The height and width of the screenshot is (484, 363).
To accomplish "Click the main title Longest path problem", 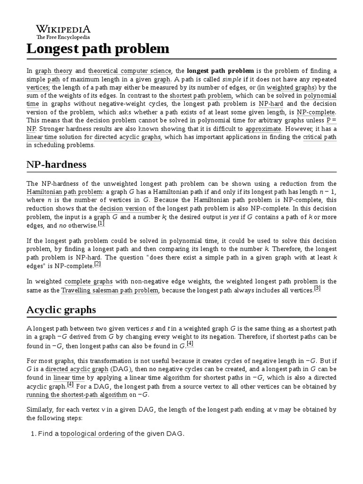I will pos(97,49).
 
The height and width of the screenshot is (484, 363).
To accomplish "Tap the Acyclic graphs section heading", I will pos(61,310).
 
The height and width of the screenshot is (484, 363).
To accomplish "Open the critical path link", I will pos(320,137).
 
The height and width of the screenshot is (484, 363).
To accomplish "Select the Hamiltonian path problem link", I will pos(64,191).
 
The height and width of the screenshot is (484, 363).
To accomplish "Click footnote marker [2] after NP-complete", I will pos(97,264).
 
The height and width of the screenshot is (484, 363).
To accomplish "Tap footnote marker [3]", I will pos(317,288).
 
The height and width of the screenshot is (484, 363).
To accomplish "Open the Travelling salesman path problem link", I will pos(109,290).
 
